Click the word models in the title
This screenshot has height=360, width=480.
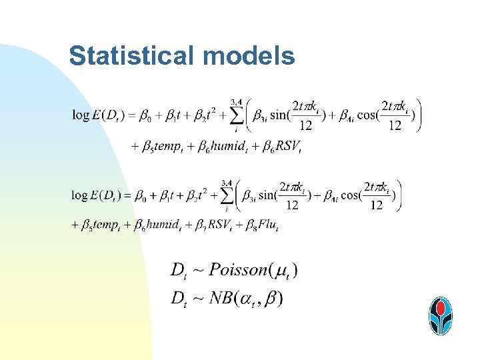249,57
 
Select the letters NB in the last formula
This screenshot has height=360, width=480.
221,297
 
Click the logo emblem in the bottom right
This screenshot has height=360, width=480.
441,315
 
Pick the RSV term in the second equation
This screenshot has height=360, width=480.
220,225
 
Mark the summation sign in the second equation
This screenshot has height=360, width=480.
228,196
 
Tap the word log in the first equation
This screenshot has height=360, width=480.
81,116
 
